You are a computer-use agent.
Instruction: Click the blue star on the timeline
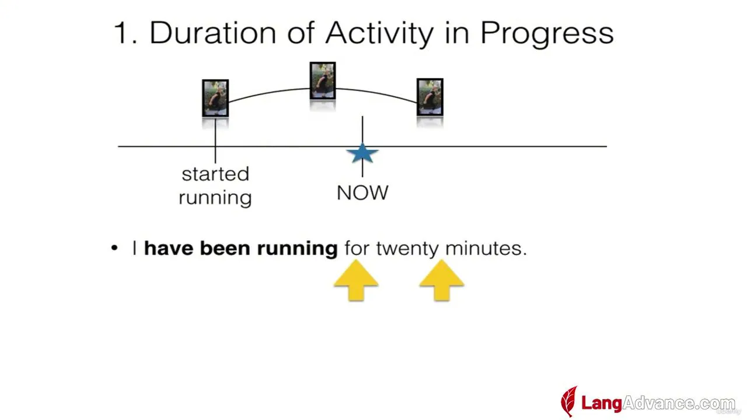coord(362,153)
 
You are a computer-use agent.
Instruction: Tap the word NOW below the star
coord(362,192)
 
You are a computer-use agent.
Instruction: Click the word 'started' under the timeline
coord(215,174)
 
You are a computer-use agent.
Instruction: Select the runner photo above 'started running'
coord(215,98)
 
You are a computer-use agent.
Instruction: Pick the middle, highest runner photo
coord(323,80)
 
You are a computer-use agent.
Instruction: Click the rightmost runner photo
coord(430,97)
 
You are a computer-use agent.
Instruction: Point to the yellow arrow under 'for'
coord(356,281)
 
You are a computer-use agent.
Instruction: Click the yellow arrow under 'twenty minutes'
coord(442,281)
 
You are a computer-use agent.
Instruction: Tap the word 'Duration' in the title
coord(213,33)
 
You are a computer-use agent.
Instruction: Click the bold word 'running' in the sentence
coord(298,250)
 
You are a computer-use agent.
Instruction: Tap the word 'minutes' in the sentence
coord(484,249)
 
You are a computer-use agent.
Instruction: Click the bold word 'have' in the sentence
coord(169,249)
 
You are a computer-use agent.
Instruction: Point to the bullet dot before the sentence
coord(114,248)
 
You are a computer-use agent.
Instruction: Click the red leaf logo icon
coord(569,401)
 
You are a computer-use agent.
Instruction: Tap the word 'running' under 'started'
coord(215,198)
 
